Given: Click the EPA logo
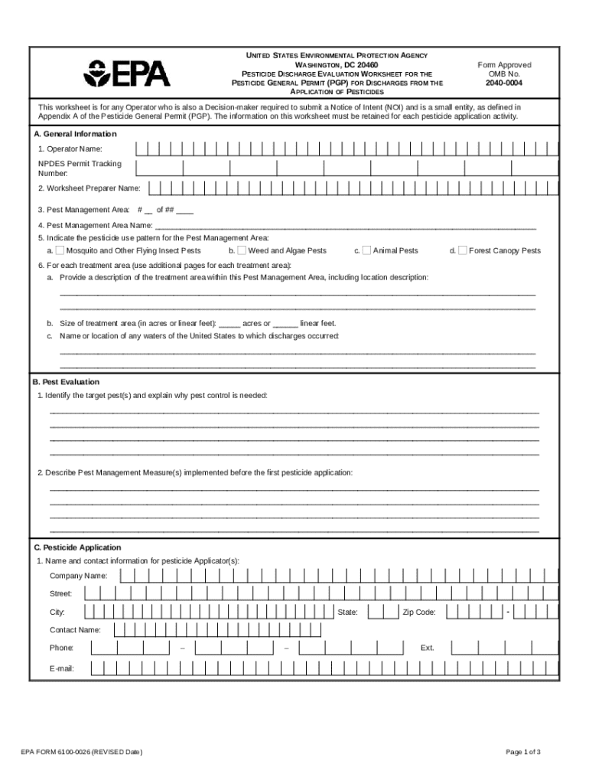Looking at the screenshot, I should tap(127, 73).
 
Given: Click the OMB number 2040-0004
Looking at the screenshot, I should tap(504, 83).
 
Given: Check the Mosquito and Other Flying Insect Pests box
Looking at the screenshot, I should tap(60, 250).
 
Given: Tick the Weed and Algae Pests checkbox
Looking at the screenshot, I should tap(242, 250).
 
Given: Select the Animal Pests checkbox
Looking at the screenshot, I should tap(366, 250).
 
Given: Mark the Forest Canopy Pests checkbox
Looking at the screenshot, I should tap(462, 250).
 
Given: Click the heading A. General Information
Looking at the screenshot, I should tap(74, 134).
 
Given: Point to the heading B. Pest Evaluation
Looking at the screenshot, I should tap(66, 381).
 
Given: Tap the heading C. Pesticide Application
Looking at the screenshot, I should tap(76, 547).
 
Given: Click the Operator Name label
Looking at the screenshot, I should tap(70, 149).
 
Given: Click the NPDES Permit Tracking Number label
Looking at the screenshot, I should tap(80, 168).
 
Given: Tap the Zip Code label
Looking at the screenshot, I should tap(419, 612).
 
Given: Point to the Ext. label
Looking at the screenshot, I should tap(427, 648).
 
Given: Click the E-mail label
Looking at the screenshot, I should tap(62, 668).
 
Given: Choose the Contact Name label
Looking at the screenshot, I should tap(75, 629).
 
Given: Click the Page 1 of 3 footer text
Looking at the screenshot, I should tap(523, 752).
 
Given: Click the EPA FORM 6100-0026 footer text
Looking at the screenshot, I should tap(81, 752).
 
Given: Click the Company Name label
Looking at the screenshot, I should tap(79, 576).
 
